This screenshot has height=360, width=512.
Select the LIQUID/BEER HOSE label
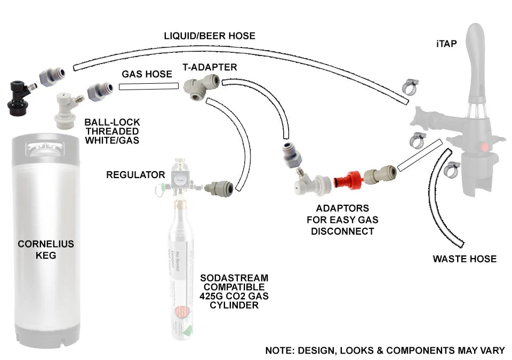(210, 36)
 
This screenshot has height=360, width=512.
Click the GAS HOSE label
(147, 75)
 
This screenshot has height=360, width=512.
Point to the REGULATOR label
(135, 174)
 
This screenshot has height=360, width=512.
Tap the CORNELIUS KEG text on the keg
(46, 250)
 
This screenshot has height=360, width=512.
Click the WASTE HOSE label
(465, 259)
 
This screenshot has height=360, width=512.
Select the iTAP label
(446, 44)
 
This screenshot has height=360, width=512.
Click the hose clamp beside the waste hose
(452, 170)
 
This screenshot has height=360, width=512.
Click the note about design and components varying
(385, 350)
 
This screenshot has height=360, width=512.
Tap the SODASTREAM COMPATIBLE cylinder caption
(234, 292)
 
